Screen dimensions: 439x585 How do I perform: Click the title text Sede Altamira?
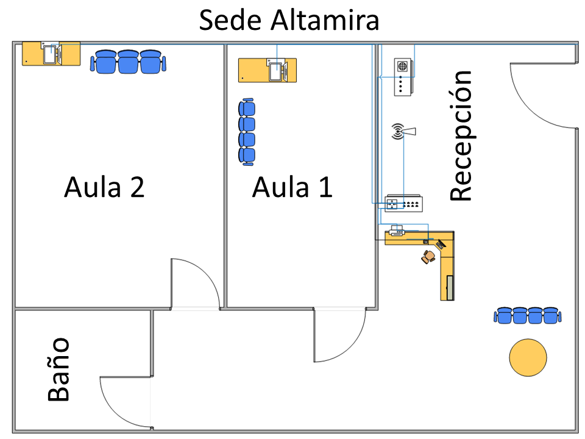[289, 21]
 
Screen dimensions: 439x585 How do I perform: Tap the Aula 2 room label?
[104, 187]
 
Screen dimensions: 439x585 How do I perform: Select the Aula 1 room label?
[292, 187]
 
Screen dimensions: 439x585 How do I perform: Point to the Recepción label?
[461, 135]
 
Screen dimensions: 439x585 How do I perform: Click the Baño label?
[59, 369]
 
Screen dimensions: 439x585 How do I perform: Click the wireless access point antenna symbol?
[402, 131]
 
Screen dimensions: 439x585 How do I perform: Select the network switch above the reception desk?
[404, 204]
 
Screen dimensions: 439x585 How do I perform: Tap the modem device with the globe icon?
[403, 77]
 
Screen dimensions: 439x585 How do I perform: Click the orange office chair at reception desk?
[429, 257]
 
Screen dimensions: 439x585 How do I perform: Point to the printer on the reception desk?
[397, 230]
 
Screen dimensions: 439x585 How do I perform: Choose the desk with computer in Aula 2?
[51, 54]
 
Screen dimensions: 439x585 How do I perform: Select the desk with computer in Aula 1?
[267, 70]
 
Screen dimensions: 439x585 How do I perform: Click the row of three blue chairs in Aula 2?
[128, 62]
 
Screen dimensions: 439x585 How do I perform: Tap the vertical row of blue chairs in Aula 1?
[247, 132]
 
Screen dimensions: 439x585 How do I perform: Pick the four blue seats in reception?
[527, 315]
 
